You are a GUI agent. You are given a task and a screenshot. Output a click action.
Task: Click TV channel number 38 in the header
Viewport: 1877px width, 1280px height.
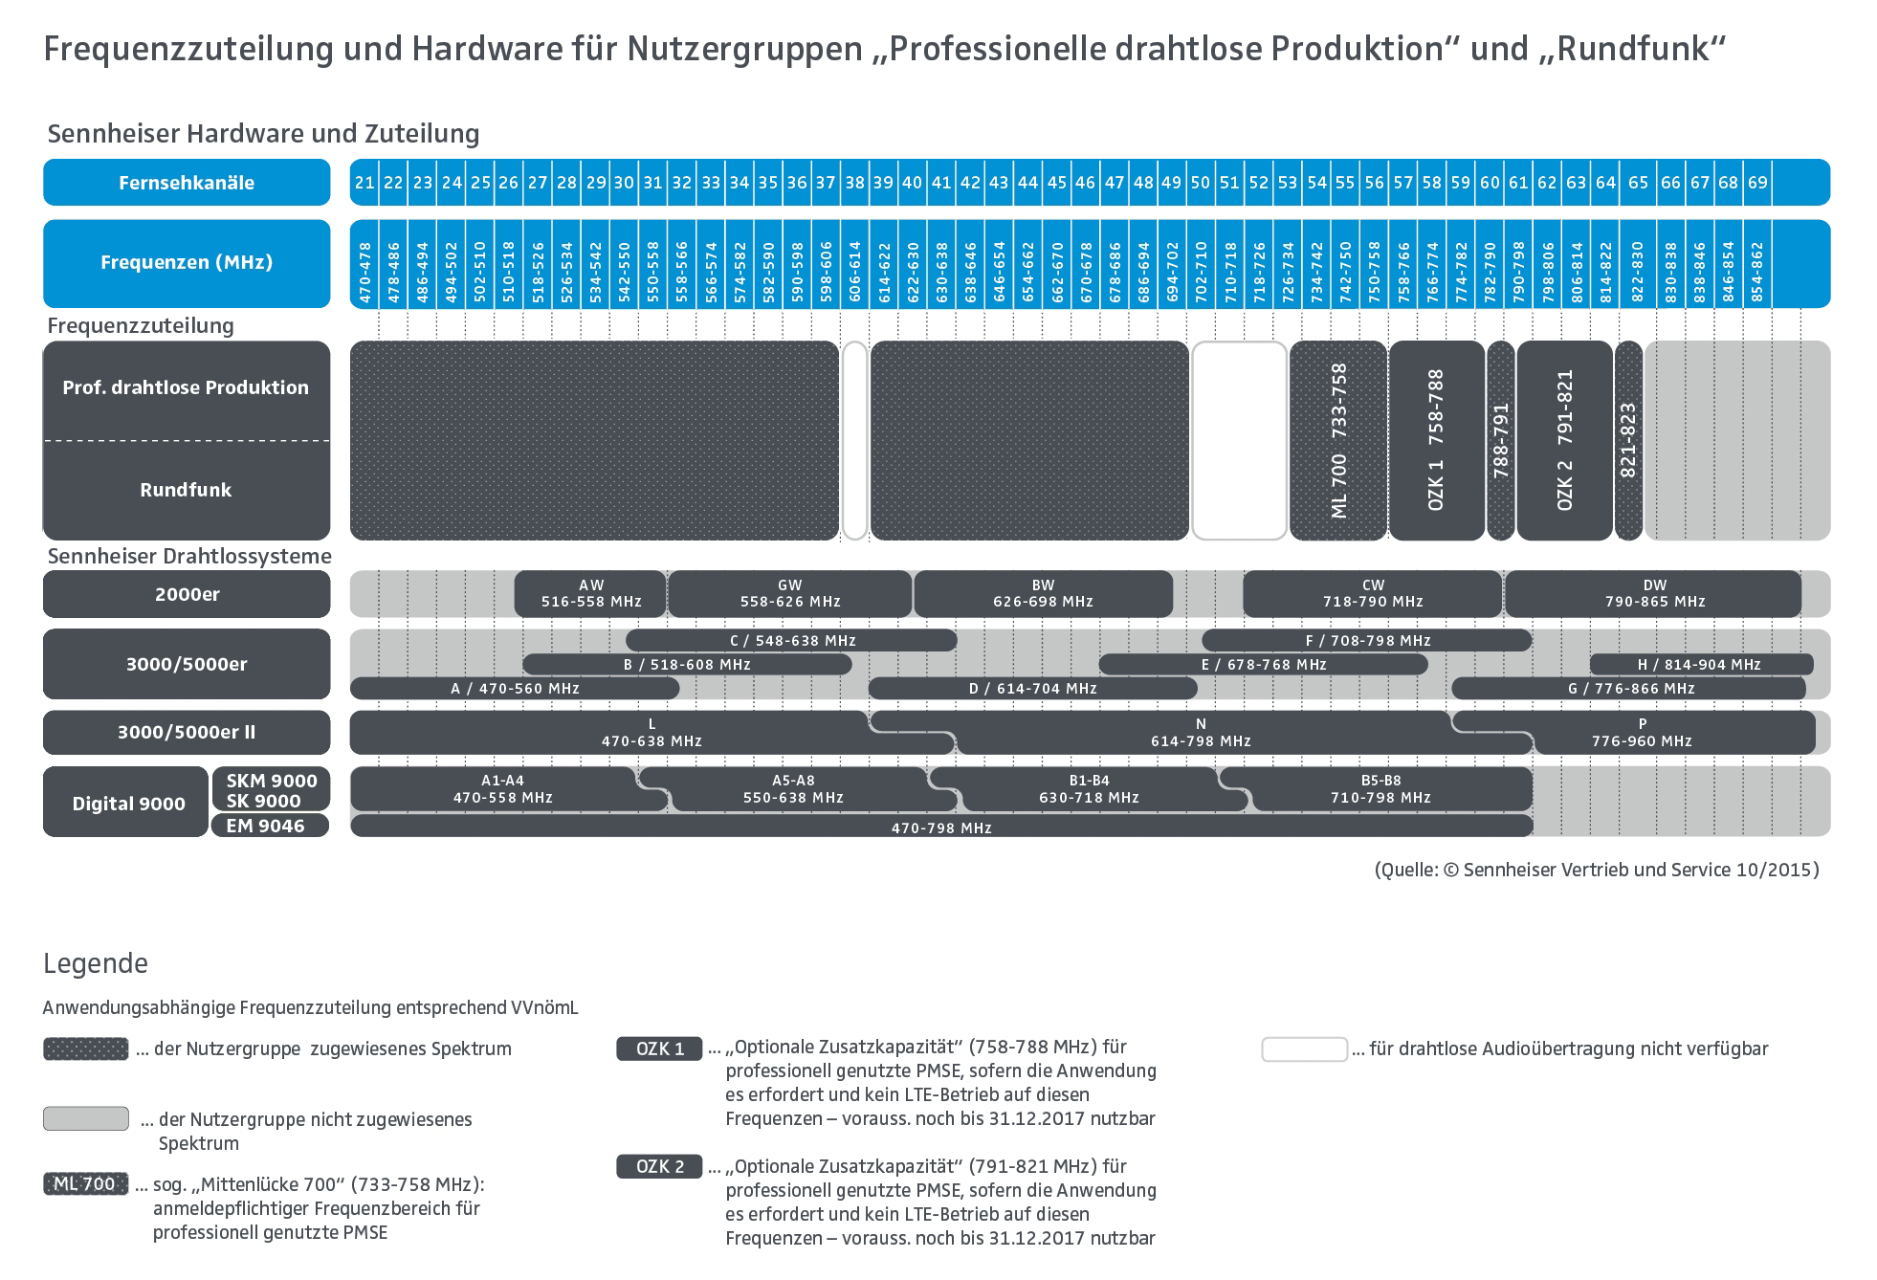(854, 182)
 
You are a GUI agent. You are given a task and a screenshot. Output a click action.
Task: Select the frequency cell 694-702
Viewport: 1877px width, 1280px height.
(1172, 272)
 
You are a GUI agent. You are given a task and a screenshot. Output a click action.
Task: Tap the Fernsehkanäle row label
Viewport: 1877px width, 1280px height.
(187, 182)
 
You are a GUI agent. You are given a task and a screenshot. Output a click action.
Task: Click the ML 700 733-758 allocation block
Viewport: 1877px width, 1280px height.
(1338, 441)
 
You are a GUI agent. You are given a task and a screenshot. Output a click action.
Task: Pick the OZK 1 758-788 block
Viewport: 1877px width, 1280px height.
(1436, 441)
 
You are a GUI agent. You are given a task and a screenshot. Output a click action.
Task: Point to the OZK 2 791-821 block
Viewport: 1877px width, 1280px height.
(1564, 441)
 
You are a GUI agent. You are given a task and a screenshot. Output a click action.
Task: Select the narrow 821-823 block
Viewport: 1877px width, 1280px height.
(1628, 441)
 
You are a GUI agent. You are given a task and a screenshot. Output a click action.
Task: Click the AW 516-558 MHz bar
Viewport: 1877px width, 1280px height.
(590, 594)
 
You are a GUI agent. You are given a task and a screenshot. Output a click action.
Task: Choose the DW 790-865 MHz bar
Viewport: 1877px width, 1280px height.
(1653, 594)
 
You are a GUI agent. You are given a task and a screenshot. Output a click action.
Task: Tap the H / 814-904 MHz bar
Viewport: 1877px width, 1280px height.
(1701, 664)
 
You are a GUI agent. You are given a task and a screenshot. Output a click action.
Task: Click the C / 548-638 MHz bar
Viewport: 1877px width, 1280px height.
(791, 640)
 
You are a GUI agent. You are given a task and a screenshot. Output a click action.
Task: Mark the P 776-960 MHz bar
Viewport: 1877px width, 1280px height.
(1642, 733)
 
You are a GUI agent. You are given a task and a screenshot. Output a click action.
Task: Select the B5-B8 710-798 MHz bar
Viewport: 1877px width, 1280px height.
(1380, 789)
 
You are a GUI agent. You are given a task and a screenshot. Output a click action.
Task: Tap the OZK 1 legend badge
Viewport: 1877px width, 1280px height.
(659, 1048)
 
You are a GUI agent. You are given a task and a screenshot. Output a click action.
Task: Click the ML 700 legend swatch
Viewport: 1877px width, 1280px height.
(85, 1183)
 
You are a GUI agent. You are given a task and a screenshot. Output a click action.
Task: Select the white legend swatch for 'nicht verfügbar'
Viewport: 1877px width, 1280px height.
(1304, 1048)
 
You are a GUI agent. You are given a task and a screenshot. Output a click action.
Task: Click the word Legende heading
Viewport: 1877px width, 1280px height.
(96, 963)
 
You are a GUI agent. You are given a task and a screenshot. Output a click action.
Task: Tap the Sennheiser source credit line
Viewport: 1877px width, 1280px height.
(1597, 870)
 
